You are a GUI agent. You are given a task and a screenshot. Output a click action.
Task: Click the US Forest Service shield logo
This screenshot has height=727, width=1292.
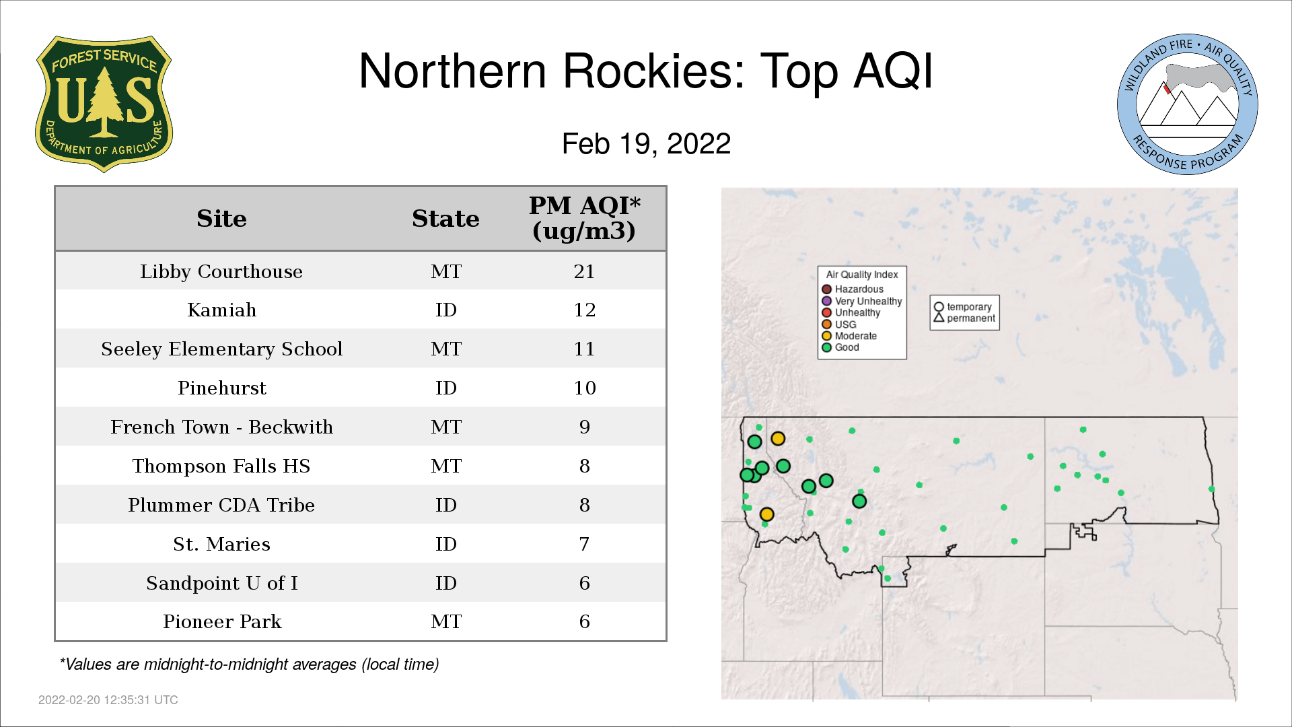[x=104, y=104]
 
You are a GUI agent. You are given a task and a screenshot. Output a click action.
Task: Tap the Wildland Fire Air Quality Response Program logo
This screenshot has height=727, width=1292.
[x=1188, y=104]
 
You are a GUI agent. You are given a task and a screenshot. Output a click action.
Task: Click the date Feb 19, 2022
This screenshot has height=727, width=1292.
[x=646, y=144]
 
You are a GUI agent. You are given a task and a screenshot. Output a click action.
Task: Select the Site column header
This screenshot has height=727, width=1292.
[x=221, y=219]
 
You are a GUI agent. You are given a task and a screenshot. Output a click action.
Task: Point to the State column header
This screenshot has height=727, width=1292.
[x=445, y=219]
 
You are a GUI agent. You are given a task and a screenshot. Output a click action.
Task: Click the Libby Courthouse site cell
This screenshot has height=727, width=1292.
[x=221, y=271]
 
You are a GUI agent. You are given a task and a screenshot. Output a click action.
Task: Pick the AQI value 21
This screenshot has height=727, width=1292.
[x=584, y=271]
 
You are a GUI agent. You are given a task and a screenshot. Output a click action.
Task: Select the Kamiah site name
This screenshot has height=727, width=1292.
[x=221, y=310]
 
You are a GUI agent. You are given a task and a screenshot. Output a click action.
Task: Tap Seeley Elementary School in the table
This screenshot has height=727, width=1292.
[x=221, y=349]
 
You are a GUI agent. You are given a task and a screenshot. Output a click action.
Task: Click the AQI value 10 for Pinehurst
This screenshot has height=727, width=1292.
[x=584, y=388]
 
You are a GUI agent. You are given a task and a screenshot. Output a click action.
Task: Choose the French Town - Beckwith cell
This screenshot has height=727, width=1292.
[x=221, y=427]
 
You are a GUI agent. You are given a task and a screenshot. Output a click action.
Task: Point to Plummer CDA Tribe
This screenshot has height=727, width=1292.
[x=221, y=506]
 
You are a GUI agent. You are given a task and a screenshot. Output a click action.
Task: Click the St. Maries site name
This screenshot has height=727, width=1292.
[x=221, y=545]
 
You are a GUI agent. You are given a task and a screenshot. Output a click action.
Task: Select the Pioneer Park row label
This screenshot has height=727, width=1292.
[x=221, y=622]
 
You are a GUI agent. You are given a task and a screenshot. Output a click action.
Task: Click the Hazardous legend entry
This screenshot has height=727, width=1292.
[x=853, y=289]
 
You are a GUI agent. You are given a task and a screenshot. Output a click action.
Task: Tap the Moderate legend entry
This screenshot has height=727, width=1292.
[x=849, y=336]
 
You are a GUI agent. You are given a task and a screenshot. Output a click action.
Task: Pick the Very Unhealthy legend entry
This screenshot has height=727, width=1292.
[x=862, y=301]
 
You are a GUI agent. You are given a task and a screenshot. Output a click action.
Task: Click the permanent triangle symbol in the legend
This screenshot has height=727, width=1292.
[x=939, y=317]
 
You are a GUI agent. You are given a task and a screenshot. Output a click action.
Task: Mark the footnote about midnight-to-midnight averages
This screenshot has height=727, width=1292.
[x=249, y=665]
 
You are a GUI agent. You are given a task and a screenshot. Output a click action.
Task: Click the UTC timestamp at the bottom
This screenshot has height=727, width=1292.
[x=108, y=700]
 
